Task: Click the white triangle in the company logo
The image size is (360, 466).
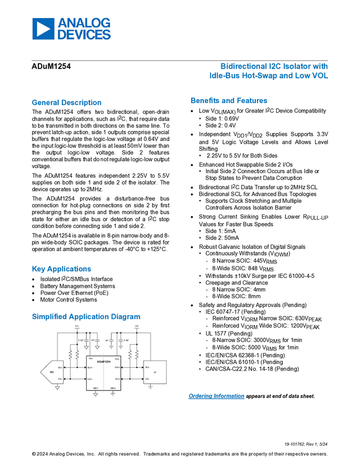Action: [x=43, y=29]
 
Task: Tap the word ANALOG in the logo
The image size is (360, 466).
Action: [x=84, y=23]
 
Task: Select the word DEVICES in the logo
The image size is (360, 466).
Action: [x=84, y=35]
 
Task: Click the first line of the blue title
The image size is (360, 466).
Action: [x=274, y=65]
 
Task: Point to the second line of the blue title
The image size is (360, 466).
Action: [x=269, y=76]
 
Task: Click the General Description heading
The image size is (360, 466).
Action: [x=66, y=103]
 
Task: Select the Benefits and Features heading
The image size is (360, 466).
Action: [x=229, y=101]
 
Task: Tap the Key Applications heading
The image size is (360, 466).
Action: [x=62, y=269]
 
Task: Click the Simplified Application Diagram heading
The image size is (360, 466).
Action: [x=86, y=317]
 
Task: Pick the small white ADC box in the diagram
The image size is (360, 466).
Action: [x=52, y=373]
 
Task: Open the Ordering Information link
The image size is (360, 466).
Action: [x=216, y=396]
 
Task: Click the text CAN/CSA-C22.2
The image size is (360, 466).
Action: [x=225, y=370]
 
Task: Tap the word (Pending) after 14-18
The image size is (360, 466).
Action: [x=287, y=370]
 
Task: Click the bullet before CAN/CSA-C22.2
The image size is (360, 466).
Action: [x=200, y=370]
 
